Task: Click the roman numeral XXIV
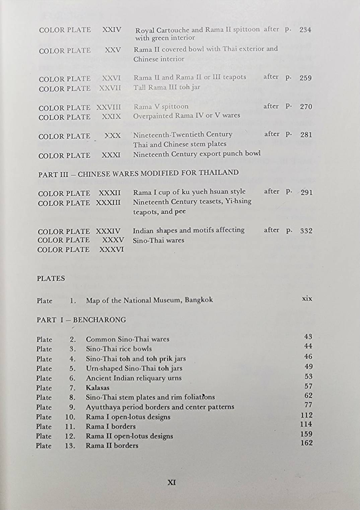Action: click(112, 30)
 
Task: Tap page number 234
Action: click(305, 30)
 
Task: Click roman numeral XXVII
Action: click(110, 88)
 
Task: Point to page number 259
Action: click(305, 78)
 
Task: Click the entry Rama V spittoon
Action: click(161, 106)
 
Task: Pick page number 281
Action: click(306, 135)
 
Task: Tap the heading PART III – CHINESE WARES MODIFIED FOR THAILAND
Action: click(138, 173)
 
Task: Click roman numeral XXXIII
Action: click(108, 203)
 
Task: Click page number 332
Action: click(306, 231)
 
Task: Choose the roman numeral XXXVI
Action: click(112, 249)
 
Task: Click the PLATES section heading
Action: click(51, 278)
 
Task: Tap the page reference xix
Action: click(307, 298)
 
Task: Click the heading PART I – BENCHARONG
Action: click(81, 320)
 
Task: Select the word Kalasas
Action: click(97, 388)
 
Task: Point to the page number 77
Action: click(308, 405)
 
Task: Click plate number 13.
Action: click(70, 446)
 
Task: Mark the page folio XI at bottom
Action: click(171, 483)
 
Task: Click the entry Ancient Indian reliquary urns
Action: click(134, 378)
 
